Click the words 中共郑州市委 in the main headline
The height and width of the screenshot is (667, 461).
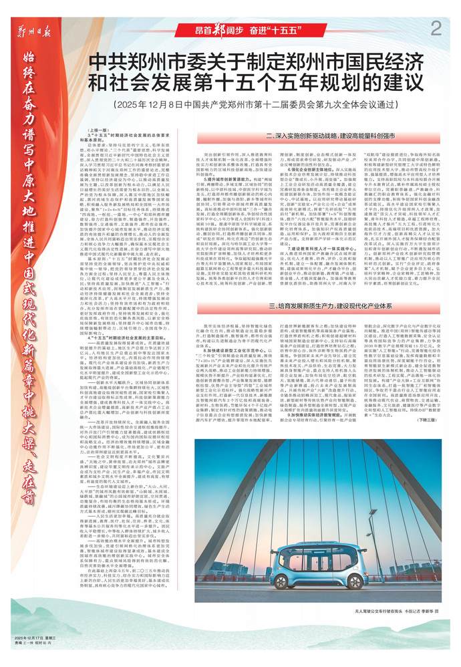tap(144, 64)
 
